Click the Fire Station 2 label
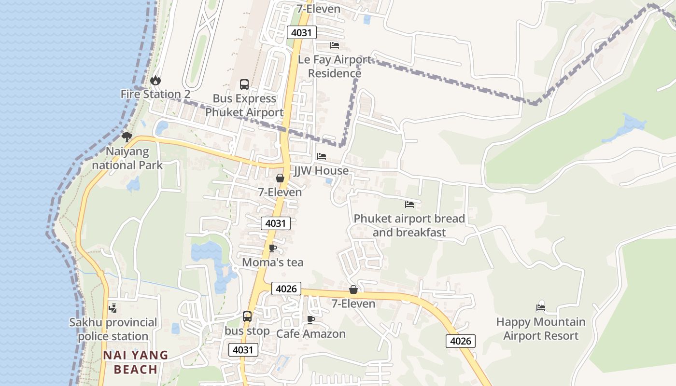pyautogui.click(x=155, y=94)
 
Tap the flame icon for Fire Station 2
pyautogui.click(x=155, y=80)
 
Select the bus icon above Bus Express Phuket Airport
pyautogui.click(x=244, y=84)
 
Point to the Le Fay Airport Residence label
pyautogui.click(x=335, y=66)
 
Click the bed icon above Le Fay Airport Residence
pyautogui.click(x=334, y=45)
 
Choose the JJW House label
pyautogui.click(x=322, y=171)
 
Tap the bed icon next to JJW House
pyautogui.click(x=322, y=156)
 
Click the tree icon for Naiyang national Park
pyautogui.click(x=127, y=137)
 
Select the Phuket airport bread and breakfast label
pyautogui.click(x=409, y=225)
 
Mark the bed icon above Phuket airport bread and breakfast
pyautogui.click(x=409, y=205)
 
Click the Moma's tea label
pyautogui.click(x=273, y=262)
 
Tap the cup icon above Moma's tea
pyautogui.click(x=273, y=248)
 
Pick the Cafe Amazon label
pyautogui.click(x=311, y=334)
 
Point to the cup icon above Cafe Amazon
pyautogui.click(x=311, y=319)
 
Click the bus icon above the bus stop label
pyautogui.click(x=247, y=317)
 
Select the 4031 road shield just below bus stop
pyautogui.click(x=243, y=350)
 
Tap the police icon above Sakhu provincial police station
pyautogui.click(x=113, y=308)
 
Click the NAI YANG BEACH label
pyautogui.click(x=136, y=362)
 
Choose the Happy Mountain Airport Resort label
pyautogui.click(x=541, y=329)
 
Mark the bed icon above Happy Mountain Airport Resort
pyautogui.click(x=541, y=308)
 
